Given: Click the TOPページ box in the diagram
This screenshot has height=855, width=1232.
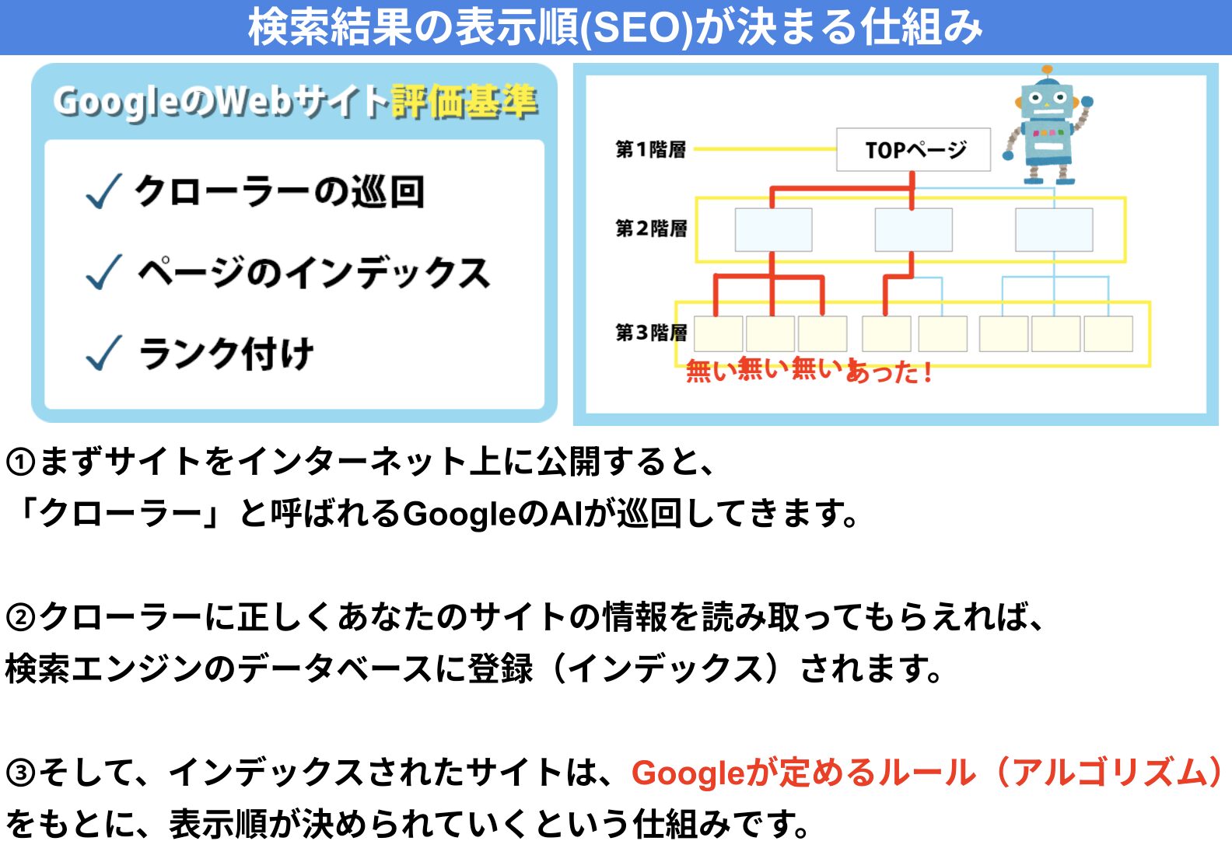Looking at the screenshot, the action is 913,149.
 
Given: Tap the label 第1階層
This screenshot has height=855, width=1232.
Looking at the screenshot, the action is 651,149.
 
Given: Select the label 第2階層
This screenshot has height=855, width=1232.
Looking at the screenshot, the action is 651,228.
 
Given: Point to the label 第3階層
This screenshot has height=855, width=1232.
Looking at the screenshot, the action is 651,333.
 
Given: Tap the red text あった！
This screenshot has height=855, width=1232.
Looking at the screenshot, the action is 889,371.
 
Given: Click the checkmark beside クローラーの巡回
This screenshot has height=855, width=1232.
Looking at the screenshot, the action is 103,192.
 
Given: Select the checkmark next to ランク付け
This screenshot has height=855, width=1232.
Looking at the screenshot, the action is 103,353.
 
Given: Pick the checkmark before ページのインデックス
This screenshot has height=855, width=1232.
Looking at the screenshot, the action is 103,272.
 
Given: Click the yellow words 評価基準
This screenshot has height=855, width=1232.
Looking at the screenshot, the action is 464,102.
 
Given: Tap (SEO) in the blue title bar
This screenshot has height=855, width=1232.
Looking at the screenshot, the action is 638,27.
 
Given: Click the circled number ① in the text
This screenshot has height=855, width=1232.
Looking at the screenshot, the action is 21,462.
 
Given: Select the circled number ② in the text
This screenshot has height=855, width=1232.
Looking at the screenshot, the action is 21,617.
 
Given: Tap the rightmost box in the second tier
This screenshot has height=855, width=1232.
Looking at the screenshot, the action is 1054,230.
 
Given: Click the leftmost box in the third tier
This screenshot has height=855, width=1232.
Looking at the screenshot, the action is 719,333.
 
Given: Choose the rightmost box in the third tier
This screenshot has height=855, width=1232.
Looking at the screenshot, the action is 1108,333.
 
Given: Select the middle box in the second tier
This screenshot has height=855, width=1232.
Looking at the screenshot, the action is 914,230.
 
